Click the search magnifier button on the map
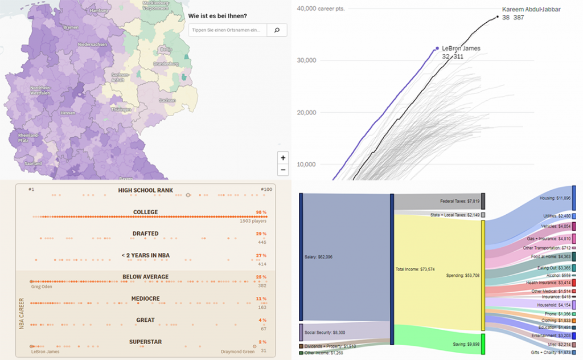point(277,30)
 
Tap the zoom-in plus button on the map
point(283,158)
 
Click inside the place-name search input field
point(228,30)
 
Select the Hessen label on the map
point(68,113)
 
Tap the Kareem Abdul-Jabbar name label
point(531,10)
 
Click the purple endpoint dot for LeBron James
point(437,48)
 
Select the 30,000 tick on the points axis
point(307,60)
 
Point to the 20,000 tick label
point(307,112)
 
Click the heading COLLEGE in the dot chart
point(146,212)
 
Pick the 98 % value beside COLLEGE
point(261,212)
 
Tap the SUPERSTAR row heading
point(146,342)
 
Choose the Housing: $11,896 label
point(555,198)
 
